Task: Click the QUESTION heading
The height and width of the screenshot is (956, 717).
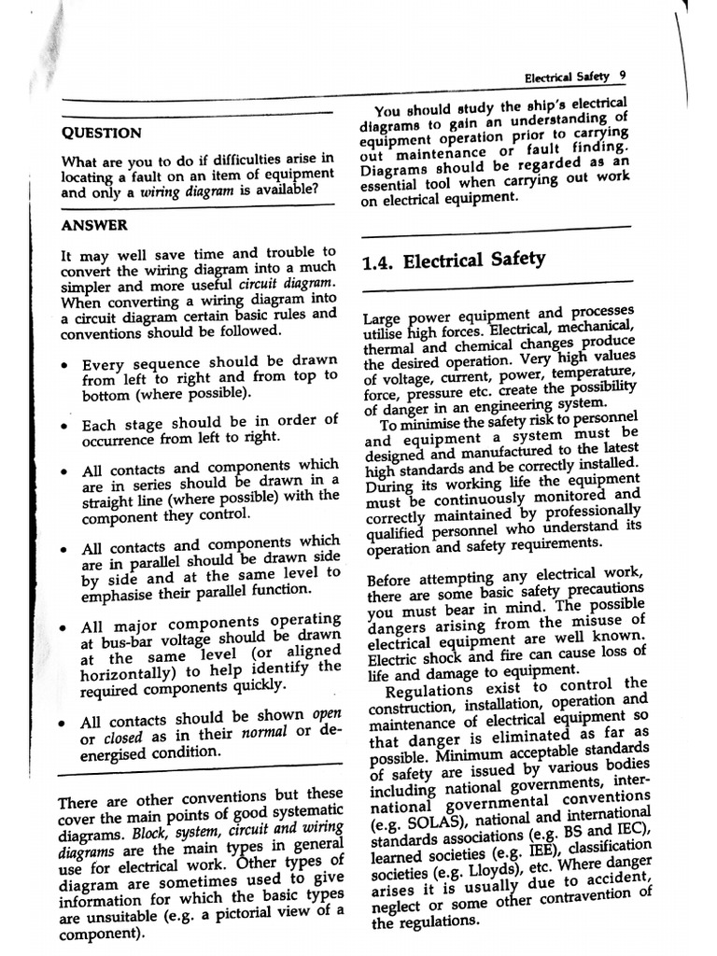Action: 102,133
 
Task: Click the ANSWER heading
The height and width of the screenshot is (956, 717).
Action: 94,225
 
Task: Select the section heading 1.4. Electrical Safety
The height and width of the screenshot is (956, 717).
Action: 453,260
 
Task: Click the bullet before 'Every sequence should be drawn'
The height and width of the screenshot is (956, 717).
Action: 63,365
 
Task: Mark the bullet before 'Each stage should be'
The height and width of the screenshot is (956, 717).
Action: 63,426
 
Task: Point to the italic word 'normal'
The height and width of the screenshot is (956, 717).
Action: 266,733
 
